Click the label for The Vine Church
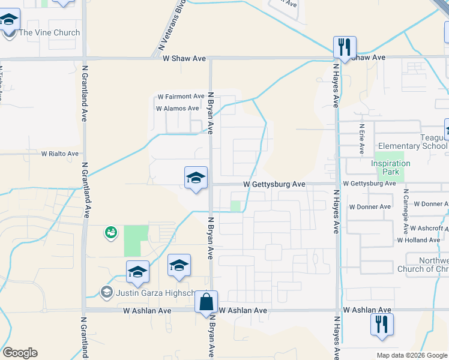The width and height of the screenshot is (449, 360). (x=49, y=32)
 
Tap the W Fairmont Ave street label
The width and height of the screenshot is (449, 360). (x=181, y=97)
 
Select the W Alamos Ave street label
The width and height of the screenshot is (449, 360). (x=177, y=109)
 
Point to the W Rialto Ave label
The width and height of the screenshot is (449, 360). (x=60, y=154)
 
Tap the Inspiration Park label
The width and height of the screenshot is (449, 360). (x=390, y=167)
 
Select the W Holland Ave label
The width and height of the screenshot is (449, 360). (x=418, y=240)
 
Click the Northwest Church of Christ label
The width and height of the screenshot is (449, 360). (x=423, y=264)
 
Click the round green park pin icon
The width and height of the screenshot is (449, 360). (x=110, y=232)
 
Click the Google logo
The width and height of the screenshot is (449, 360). (x=20, y=353)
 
